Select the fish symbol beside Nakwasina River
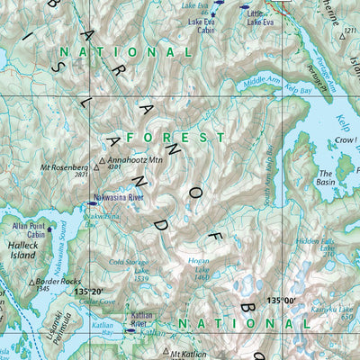coord(93,202)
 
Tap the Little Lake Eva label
coord(261,17)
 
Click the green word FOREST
coord(175,137)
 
